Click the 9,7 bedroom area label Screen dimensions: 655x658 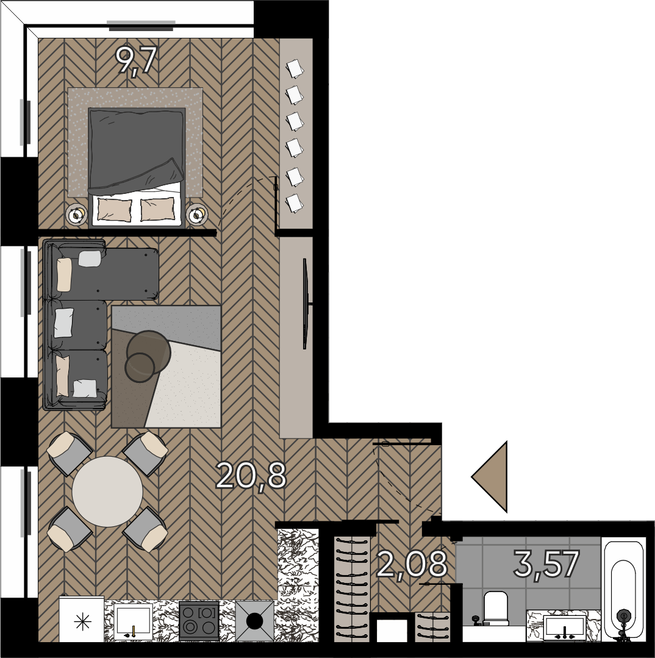click(136, 61)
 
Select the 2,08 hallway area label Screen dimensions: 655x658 click(412, 565)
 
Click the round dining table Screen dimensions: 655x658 click(107, 492)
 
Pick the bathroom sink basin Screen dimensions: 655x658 click(564, 628)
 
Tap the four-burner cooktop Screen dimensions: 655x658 click(199, 621)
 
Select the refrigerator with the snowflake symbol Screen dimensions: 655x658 click(81, 620)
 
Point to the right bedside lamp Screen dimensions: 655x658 click(196, 215)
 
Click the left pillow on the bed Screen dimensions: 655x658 click(115, 209)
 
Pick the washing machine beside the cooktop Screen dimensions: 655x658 click(255, 621)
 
